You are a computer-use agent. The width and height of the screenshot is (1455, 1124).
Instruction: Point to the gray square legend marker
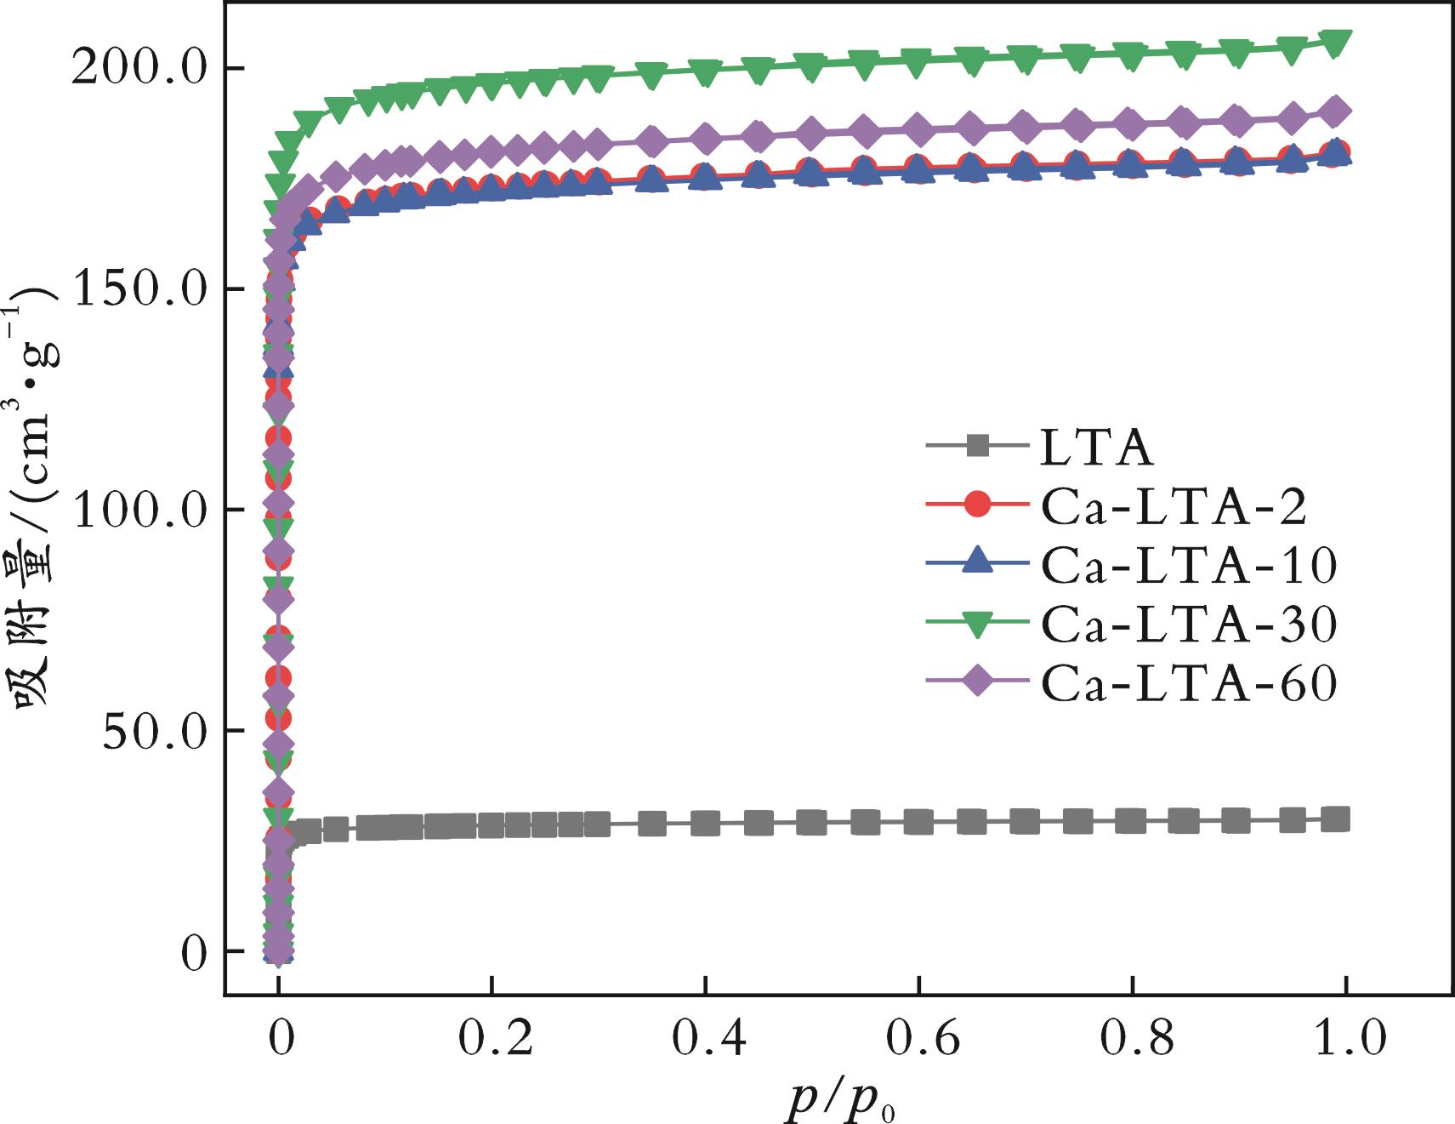(979, 445)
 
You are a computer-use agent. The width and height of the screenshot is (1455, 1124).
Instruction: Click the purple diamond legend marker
(979, 682)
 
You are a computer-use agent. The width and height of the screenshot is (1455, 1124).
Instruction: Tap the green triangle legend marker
(979, 625)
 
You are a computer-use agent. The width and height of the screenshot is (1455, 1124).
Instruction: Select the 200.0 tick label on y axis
(138, 68)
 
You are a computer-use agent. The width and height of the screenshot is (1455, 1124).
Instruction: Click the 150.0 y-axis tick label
(138, 289)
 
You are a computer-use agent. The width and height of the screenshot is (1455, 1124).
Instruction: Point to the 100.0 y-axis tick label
(138, 510)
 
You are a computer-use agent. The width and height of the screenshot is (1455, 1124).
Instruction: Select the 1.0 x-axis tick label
(1344, 1040)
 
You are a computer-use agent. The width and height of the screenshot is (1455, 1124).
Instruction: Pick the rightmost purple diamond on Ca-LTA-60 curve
(1336, 111)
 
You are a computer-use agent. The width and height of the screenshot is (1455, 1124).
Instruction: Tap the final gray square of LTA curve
(1336, 819)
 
